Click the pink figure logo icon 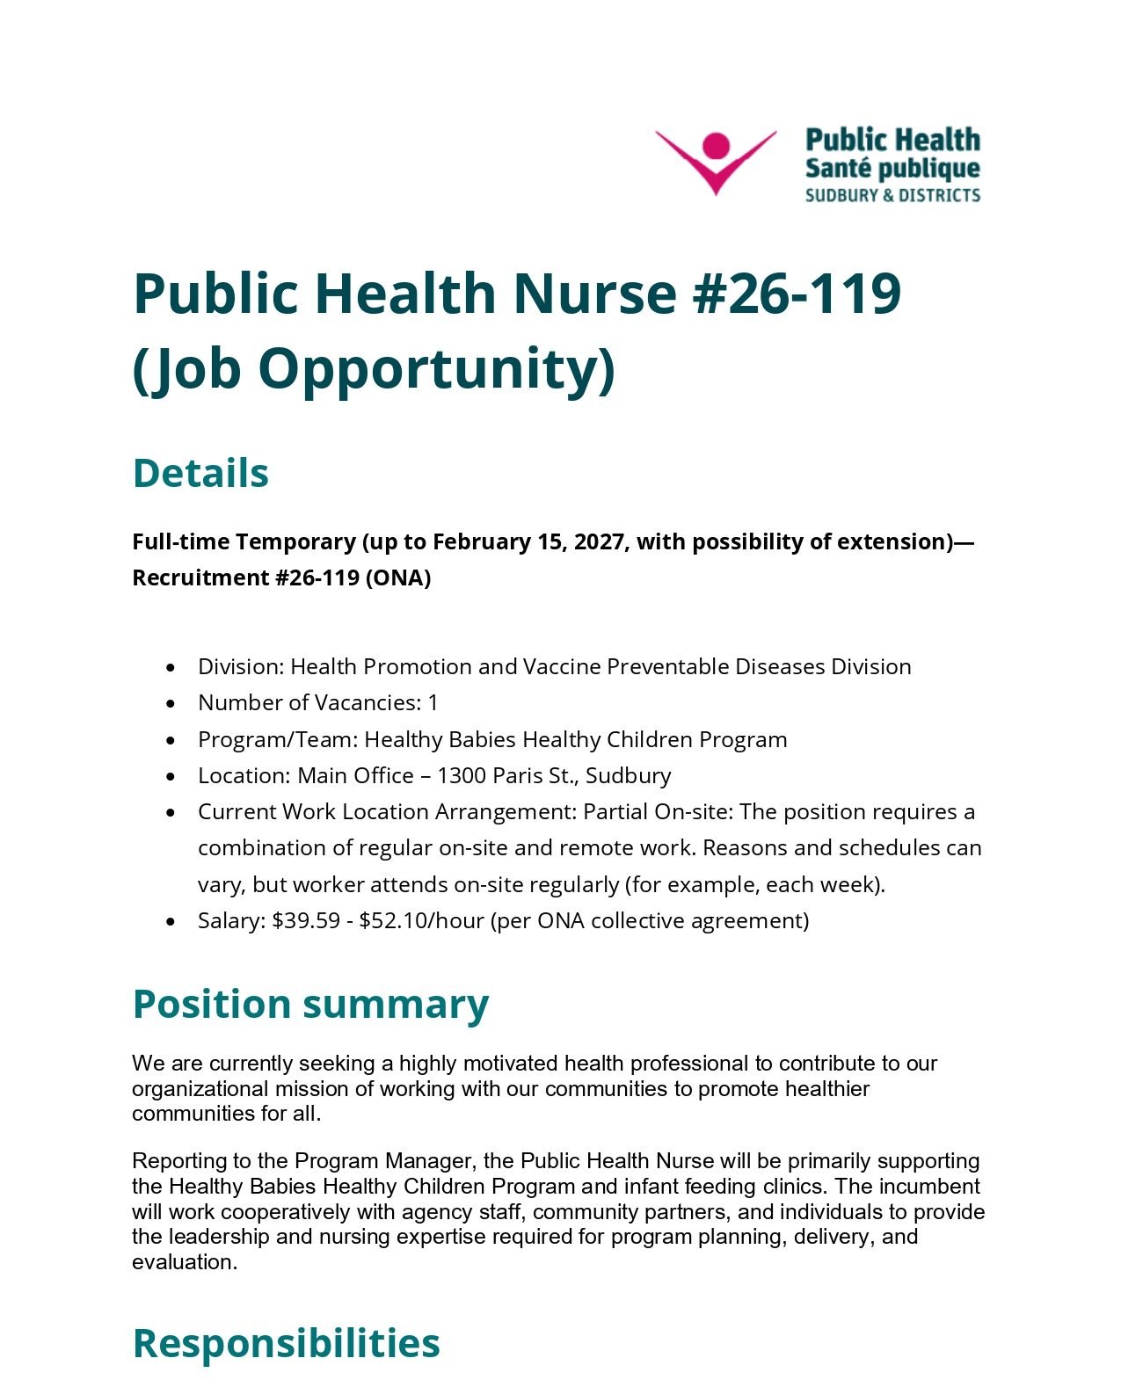[716, 160]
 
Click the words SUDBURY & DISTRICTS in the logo [892, 195]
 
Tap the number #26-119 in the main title [797, 293]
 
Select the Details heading [200, 473]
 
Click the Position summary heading [310, 1004]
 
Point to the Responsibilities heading [286, 1343]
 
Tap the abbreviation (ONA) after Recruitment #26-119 [398, 577]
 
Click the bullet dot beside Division [171, 668]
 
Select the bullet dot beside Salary [171, 922]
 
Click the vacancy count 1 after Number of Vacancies [433, 703]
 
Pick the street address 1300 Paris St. [506, 776]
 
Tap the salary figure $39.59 [306, 921]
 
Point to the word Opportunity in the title [436, 369]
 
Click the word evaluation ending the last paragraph [183, 1262]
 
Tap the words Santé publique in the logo [892, 168]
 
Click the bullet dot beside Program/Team [171, 741]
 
